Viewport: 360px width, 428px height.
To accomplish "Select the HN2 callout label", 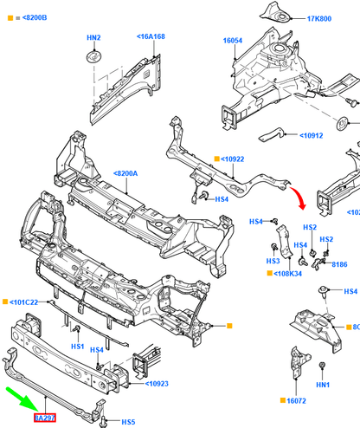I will tap(93, 38).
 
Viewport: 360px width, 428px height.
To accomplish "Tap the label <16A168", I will tap(151, 36).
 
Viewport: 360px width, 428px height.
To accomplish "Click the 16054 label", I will tap(233, 40).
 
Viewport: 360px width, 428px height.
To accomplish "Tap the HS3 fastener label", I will tap(273, 261).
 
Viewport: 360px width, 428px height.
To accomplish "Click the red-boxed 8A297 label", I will tap(45, 418).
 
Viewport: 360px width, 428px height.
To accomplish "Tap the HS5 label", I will tap(128, 422).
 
